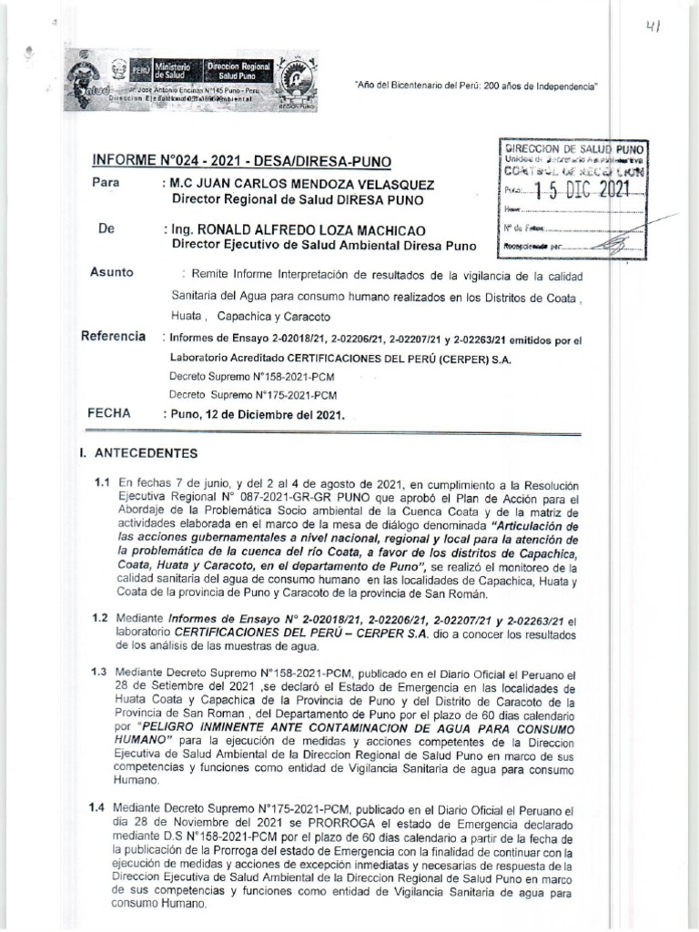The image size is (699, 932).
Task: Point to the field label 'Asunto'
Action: tap(112, 272)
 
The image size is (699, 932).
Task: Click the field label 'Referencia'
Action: tap(113, 337)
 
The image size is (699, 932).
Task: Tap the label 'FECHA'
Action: tap(110, 412)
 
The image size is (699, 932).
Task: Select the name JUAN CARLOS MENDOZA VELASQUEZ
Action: tap(297, 184)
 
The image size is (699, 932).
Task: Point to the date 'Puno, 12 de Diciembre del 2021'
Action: tap(258, 414)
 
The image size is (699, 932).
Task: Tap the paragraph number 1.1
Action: tap(101, 482)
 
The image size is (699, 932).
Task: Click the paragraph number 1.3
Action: tap(101, 673)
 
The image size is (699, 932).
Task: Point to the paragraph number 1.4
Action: tap(101, 806)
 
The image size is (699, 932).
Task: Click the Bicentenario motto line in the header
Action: tap(474, 85)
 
